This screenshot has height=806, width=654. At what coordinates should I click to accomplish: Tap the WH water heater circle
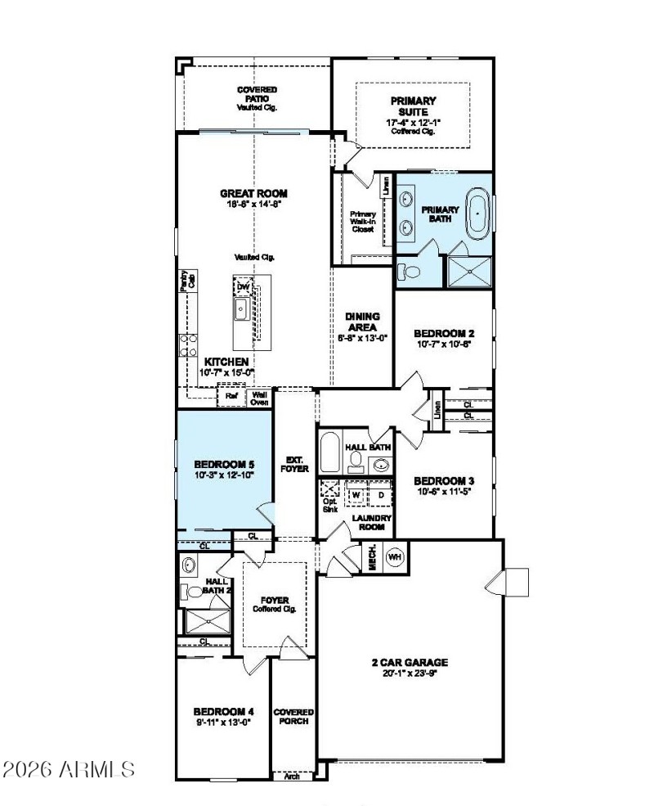point(395,556)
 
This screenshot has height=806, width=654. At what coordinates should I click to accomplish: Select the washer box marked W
point(356,495)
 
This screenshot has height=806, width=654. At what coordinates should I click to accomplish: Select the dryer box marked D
point(380,495)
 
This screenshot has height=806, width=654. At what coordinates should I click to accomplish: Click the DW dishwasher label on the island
point(243,287)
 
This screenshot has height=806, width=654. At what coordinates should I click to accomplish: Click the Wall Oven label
point(259,398)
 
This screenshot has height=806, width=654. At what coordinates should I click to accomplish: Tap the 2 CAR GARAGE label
point(409,663)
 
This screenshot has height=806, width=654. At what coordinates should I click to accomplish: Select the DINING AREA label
point(361,322)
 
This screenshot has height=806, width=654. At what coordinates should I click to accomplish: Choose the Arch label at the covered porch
point(293,776)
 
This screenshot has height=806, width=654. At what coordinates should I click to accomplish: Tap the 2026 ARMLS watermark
point(69,769)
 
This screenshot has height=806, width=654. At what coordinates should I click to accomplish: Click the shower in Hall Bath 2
point(207,621)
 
